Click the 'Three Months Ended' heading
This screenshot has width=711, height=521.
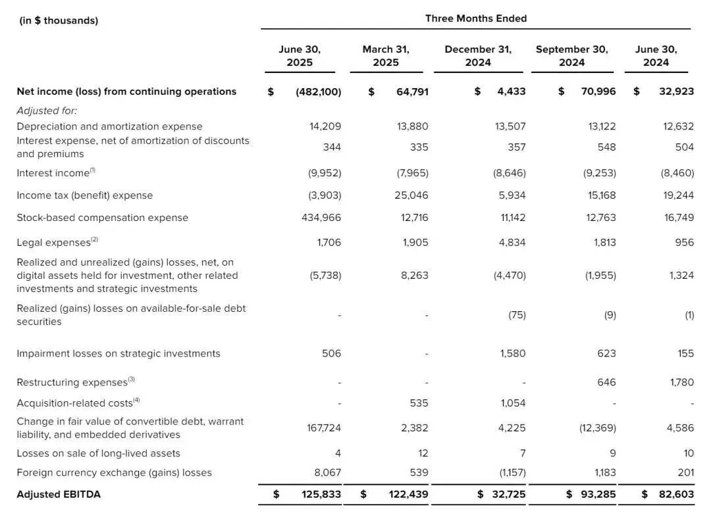[x=475, y=18]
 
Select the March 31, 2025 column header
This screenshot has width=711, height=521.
[x=386, y=56]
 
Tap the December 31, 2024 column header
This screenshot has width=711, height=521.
[x=478, y=56]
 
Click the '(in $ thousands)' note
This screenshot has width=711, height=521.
[x=59, y=20]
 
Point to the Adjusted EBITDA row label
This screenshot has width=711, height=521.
[x=59, y=494]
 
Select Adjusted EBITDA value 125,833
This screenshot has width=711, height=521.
[x=319, y=494]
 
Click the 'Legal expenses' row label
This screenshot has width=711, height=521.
[x=54, y=243]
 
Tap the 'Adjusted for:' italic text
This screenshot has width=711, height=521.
[x=47, y=111]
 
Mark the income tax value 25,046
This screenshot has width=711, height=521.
[x=412, y=195]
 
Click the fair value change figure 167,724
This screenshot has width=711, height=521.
[x=324, y=428]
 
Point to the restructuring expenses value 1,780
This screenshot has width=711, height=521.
[x=681, y=382]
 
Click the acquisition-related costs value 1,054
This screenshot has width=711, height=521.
[x=512, y=403]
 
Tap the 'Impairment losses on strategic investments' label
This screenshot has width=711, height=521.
[x=118, y=353]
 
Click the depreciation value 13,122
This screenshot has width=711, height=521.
[x=601, y=126]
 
